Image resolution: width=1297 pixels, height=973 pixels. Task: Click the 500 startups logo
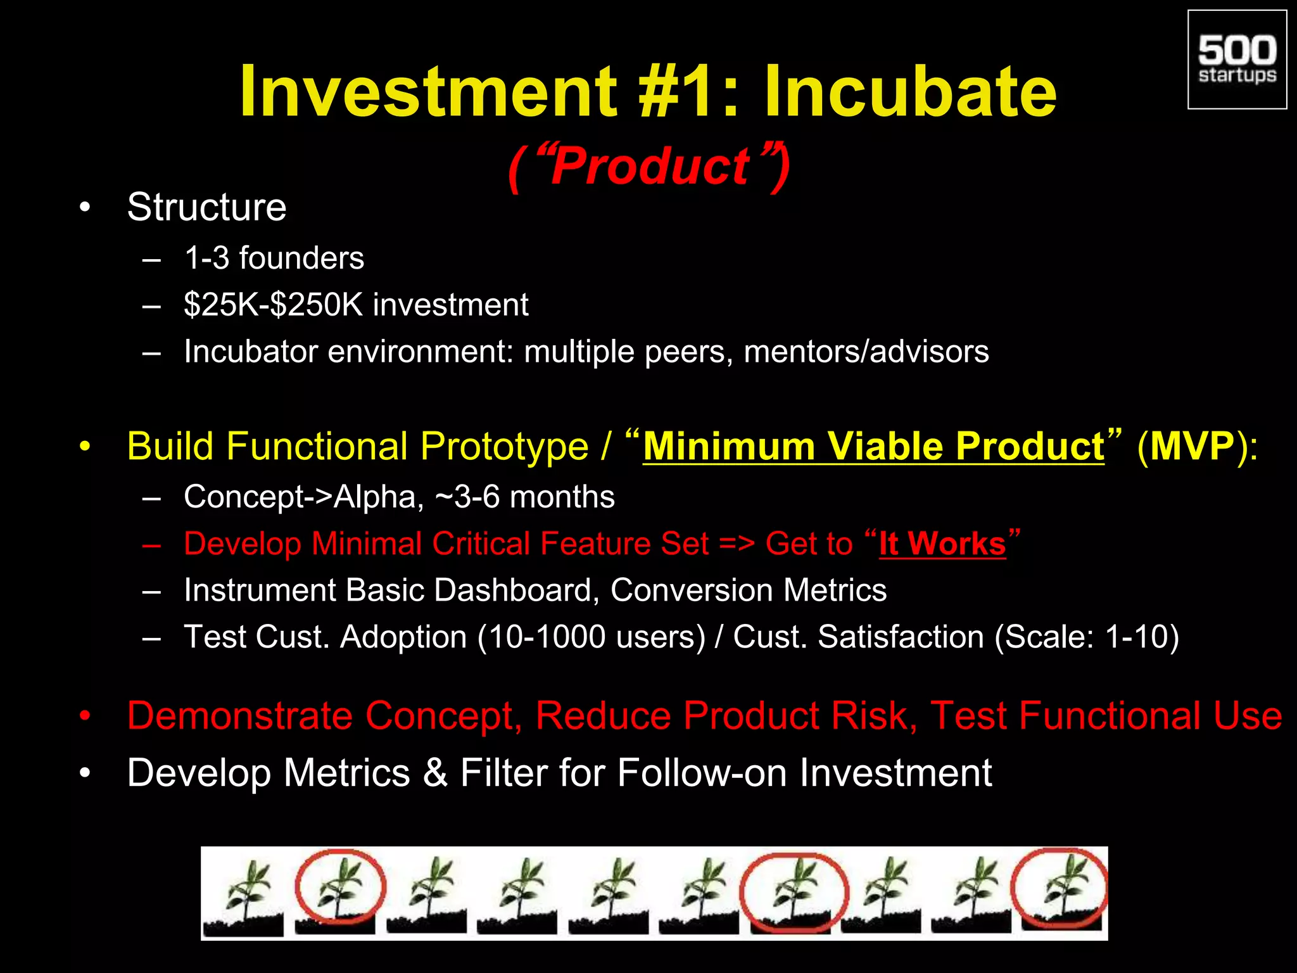[x=1237, y=60]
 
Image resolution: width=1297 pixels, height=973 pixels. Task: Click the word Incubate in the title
[x=910, y=92]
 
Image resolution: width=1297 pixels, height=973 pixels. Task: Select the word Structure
[x=206, y=207]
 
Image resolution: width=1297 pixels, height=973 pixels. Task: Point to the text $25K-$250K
[x=273, y=305]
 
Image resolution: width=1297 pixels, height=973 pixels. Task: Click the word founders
[x=301, y=258]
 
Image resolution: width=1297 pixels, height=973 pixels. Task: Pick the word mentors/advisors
[x=866, y=352]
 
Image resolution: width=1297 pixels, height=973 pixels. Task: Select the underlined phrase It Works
[x=942, y=544]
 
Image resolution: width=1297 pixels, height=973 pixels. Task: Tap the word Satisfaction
[x=901, y=637]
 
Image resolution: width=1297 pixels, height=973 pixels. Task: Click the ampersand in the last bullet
[x=435, y=773]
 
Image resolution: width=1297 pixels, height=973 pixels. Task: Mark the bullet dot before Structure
[x=85, y=208]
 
